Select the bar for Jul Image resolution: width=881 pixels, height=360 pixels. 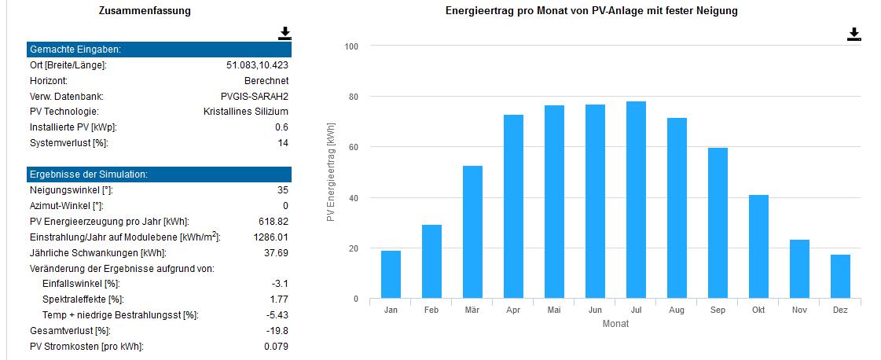[x=636, y=200]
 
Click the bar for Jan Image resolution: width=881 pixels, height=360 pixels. [x=391, y=274]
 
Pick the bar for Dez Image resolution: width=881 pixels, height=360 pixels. [x=840, y=277]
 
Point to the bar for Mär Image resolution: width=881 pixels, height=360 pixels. [x=472, y=232]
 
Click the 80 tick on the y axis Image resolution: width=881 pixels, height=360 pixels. [x=353, y=97]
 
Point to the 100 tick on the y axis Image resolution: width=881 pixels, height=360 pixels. [x=351, y=46]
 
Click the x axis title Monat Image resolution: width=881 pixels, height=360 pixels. [x=615, y=324]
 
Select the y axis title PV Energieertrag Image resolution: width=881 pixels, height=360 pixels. [x=332, y=171]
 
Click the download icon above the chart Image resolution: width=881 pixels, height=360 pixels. [x=854, y=34]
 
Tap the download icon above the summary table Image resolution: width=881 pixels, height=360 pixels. [x=284, y=33]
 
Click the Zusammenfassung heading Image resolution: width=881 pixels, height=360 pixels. [x=145, y=11]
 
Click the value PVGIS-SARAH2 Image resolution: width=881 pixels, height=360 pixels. [x=255, y=96]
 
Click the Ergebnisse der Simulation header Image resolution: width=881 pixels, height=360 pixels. [x=88, y=174]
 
